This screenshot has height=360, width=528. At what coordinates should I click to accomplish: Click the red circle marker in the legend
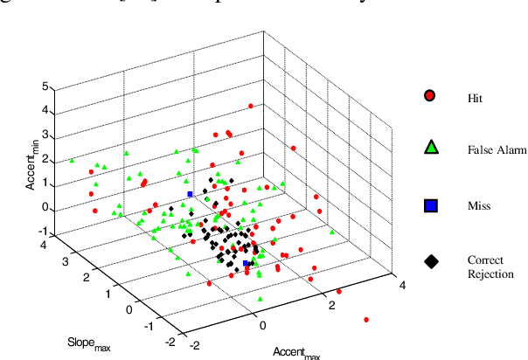pyautogui.click(x=429, y=95)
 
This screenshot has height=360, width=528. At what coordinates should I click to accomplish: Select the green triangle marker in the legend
pyautogui.click(x=429, y=149)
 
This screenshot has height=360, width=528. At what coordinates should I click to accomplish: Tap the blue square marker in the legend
pyautogui.click(x=429, y=205)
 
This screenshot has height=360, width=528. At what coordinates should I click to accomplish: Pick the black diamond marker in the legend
pyautogui.click(x=429, y=260)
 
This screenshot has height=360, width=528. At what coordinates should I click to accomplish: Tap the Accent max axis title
pyautogui.click(x=296, y=352)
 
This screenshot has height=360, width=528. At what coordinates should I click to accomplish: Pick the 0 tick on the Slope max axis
pyautogui.click(x=131, y=308)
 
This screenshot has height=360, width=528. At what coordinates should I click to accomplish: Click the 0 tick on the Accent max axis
pyautogui.click(x=263, y=325)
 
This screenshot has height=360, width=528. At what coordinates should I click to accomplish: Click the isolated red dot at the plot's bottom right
pyautogui.click(x=366, y=320)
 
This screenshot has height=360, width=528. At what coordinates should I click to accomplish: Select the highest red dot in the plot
pyautogui.click(x=251, y=106)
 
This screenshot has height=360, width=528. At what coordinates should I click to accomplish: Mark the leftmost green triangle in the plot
pyautogui.click(x=72, y=161)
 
